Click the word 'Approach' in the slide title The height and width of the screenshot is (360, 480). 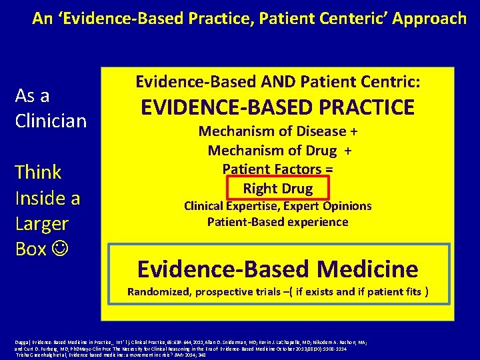click(x=429, y=18)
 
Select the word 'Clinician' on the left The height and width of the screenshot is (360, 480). click(x=51, y=121)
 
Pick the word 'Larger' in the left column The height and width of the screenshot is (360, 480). click(x=42, y=223)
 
